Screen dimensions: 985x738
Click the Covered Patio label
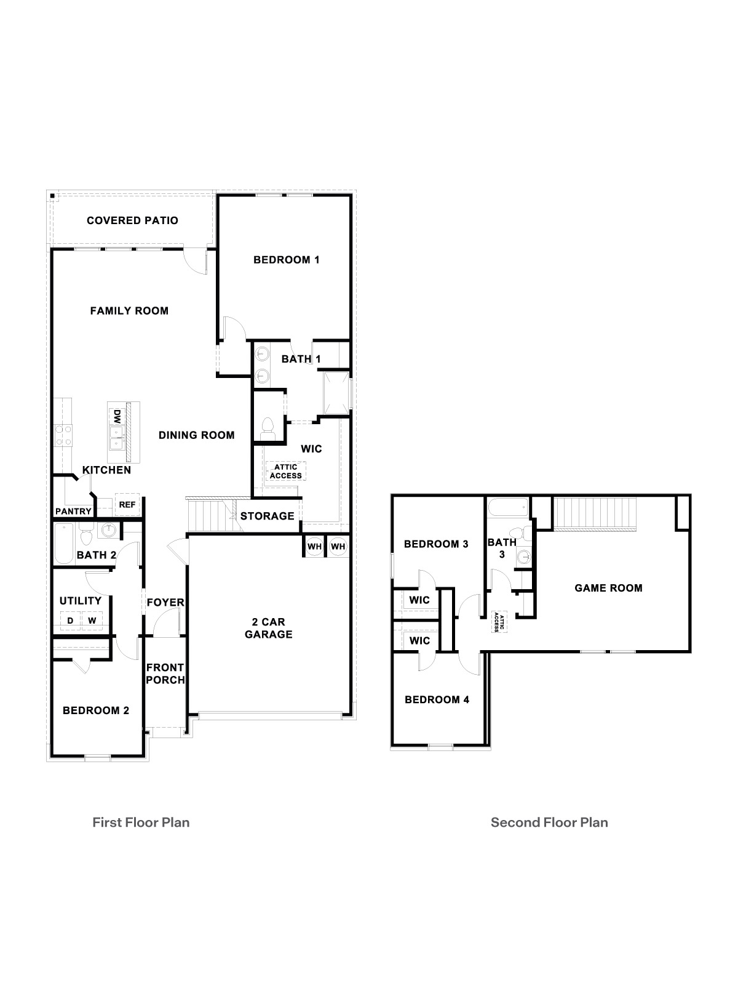(x=132, y=220)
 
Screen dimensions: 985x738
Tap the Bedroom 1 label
(x=286, y=260)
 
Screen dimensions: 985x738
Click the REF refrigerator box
(x=127, y=505)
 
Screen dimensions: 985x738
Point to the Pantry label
(x=73, y=512)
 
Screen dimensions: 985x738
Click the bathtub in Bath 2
(x=64, y=543)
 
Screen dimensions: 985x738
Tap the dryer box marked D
(x=71, y=621)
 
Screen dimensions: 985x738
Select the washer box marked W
(x=92, y=621)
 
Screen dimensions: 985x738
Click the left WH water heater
(x=314, y=547)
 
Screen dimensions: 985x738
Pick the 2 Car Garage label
(x=269, y=629)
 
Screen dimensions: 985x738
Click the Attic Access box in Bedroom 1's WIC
(x=286, y=472)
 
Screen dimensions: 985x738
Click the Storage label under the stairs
(x=267, y=516)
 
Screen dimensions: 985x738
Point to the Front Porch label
(x=165, y=673)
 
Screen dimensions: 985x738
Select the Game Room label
(x=608, y=588)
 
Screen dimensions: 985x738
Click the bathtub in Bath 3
(x=507, y=509)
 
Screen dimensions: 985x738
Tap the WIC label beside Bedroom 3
(x=419, y=600)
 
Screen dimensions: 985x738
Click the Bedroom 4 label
(x=437, y=699)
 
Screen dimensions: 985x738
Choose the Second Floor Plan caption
(x=549, y=822)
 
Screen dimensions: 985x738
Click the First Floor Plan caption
(x=141, y=822)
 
